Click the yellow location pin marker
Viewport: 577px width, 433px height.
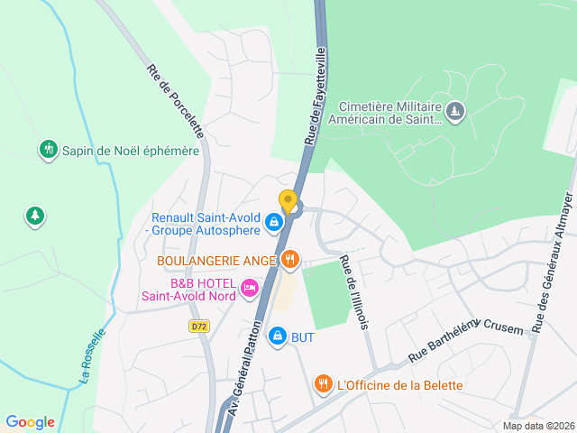288,201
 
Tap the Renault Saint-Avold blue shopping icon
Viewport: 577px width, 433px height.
272,219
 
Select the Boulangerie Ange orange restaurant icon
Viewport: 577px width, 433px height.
289,261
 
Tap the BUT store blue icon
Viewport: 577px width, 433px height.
278,336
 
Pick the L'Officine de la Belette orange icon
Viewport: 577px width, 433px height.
323,385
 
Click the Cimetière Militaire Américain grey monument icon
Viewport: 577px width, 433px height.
455,111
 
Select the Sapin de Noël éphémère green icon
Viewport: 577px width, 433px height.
49,150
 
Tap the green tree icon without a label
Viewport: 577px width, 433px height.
35,216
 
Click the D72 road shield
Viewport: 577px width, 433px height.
199,326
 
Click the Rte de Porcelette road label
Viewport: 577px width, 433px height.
177,100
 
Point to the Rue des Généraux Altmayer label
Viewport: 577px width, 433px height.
551,263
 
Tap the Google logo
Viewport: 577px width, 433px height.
30,422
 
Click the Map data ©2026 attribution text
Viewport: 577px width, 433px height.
537,427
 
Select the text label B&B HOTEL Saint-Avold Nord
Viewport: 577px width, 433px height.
189,288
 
